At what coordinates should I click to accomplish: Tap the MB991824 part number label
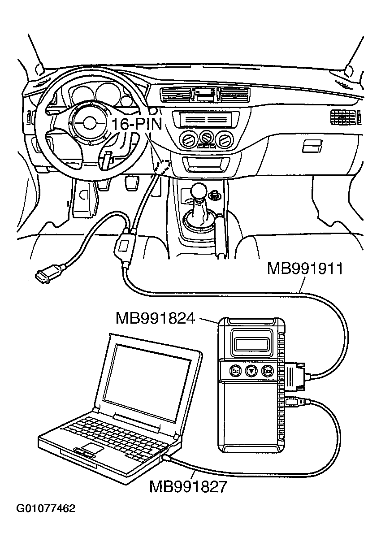[x=155, y=318]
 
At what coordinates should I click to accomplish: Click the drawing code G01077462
[x=46, y=508]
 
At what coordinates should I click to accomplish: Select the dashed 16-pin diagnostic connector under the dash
[x=163, y=166]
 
